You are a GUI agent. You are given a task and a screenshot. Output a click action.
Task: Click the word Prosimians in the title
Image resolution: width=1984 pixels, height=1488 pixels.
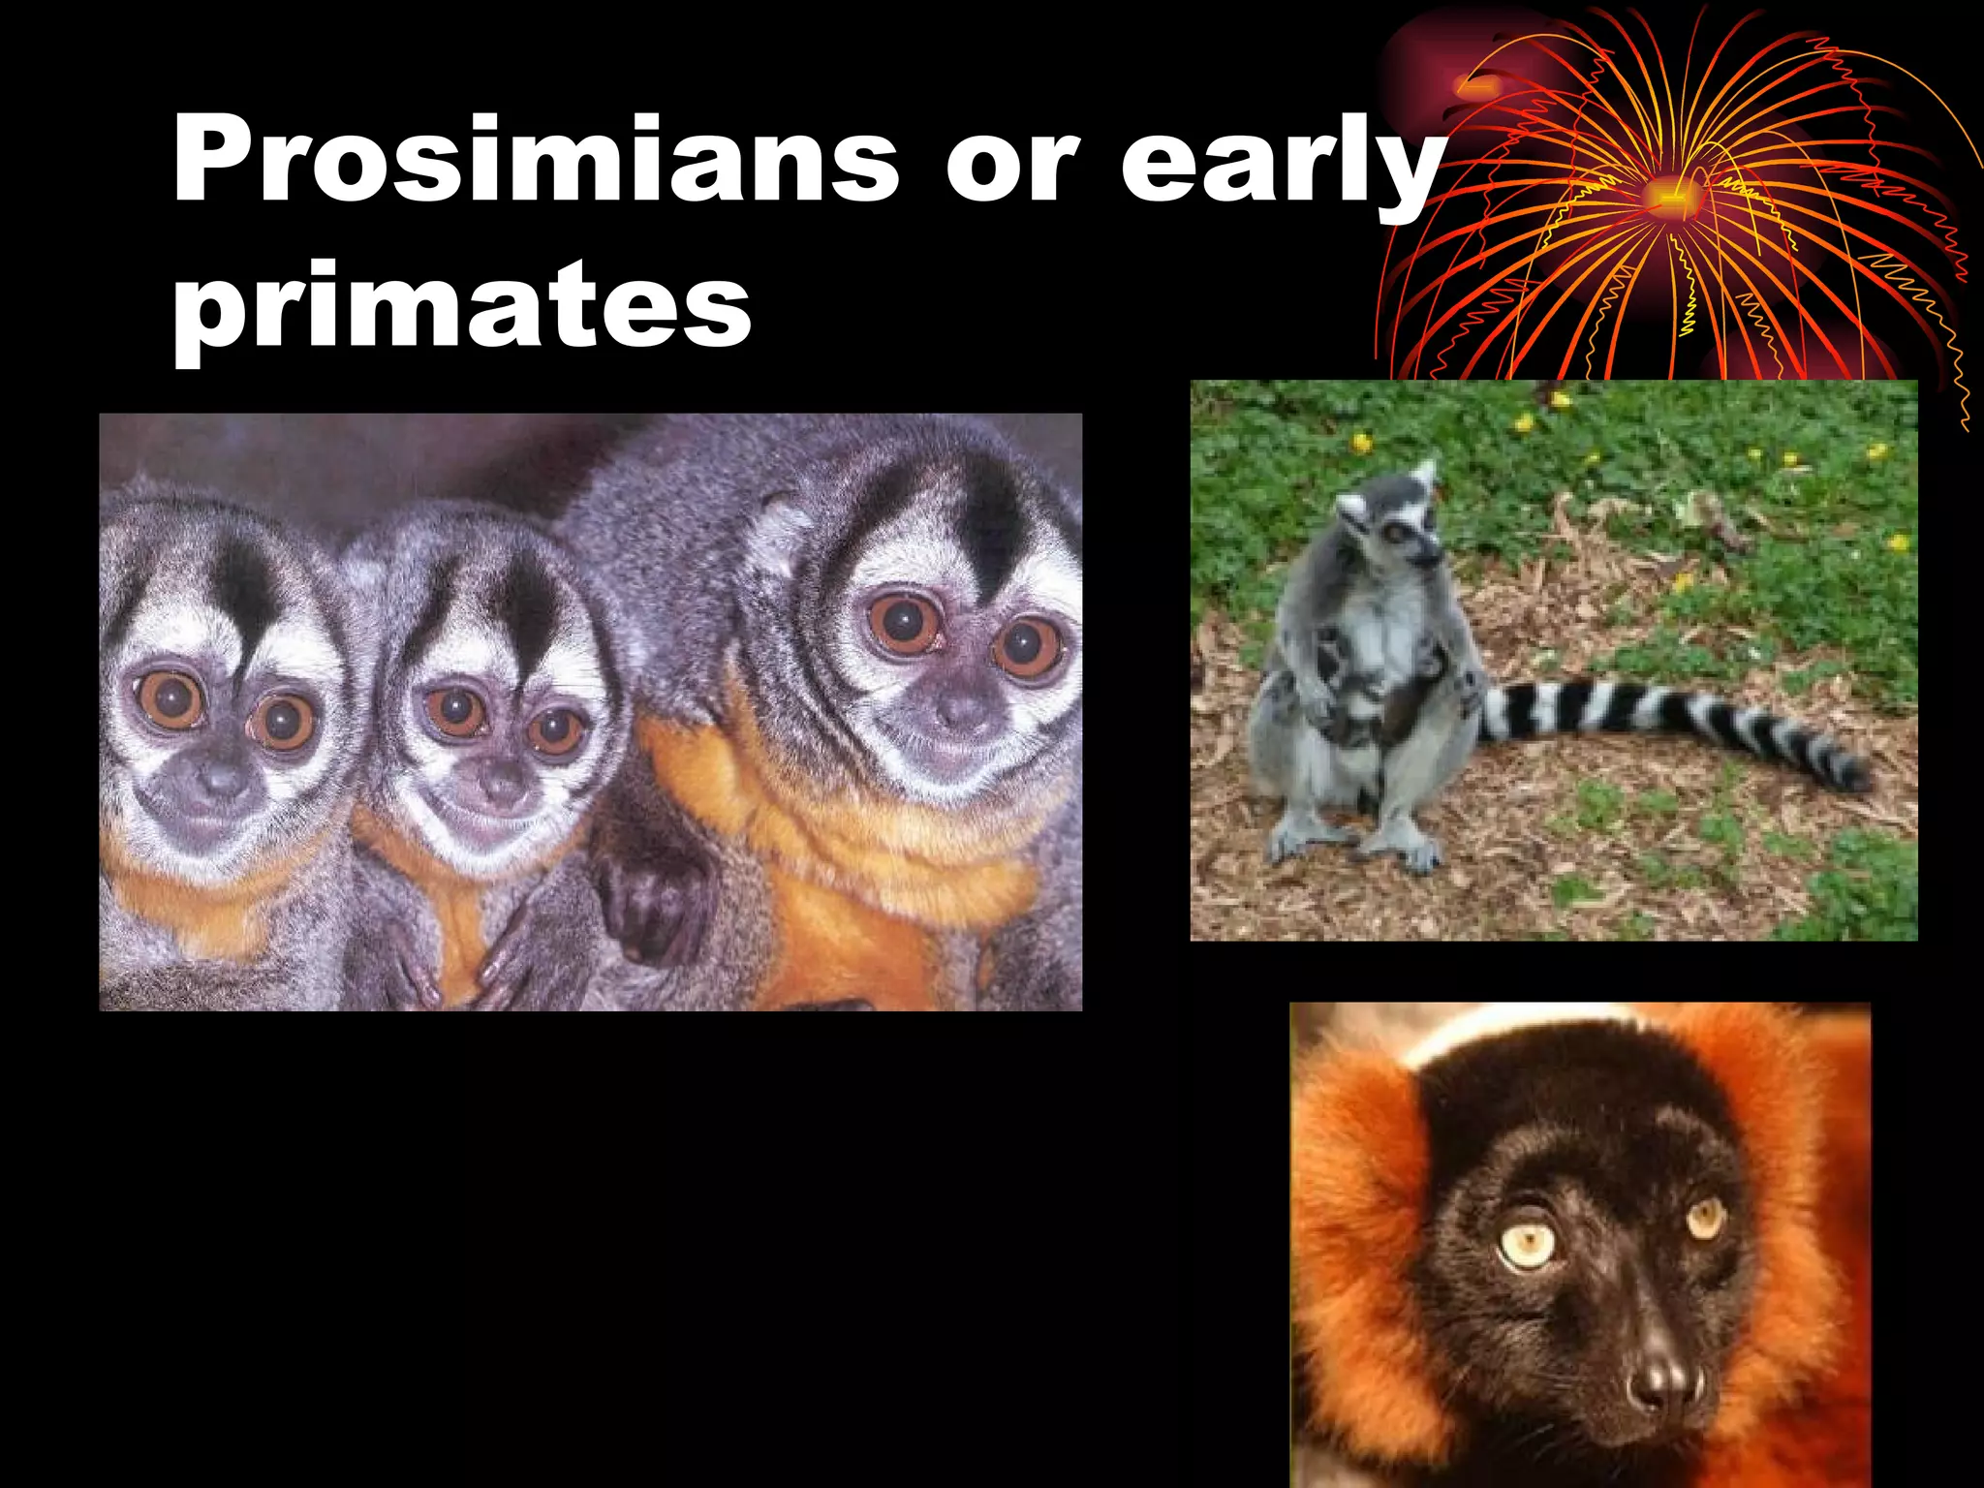click(x=536, y=160)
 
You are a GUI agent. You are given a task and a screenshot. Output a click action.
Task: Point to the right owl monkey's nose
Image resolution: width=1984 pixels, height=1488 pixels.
click(x=959, y=712)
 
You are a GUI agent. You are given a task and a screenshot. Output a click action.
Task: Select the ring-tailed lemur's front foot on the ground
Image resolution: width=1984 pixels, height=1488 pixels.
click(x=1410, y=852)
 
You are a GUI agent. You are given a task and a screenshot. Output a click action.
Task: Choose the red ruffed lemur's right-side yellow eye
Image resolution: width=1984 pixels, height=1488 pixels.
click(x=1707, y=1216)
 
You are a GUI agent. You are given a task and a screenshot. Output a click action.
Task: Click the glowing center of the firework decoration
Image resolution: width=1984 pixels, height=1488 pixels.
click(x=1668, y=194)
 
